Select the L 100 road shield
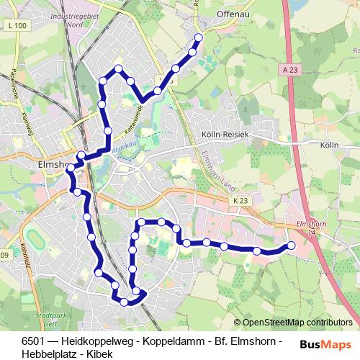coord(19,26)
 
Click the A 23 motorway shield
coord(289,69)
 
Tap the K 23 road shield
coord(239,201)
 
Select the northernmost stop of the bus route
coord(199,37)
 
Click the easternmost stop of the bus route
coord(291,246)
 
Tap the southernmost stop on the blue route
coord(124,302)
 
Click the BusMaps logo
coord(326,344)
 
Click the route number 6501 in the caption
coord(33,339)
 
